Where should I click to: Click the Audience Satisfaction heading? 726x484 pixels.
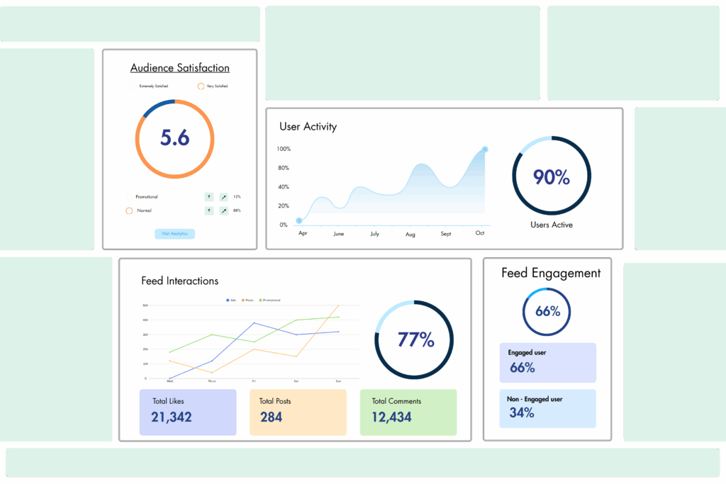click(x=179, y=68)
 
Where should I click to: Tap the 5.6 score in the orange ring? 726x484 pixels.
click(x=174, y=137)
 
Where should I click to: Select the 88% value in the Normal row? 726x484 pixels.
click(x=237, y=210)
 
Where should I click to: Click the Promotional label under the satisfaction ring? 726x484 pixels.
click(x=147, y=196)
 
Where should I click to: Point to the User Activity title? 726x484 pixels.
click(x=308, y=127)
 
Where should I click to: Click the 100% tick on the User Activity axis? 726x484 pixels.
click(x=284, y=149)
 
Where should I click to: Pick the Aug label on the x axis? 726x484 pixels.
click(x=410, y=234)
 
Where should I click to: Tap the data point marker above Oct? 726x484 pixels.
click(x=485, y=150)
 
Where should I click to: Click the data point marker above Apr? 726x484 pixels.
click(x=299, y=220)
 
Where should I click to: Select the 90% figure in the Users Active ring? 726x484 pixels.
click(x=551, y=177)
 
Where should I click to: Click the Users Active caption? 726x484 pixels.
click(x=551, y=225)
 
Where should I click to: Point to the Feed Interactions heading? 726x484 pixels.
click(x=179, y=281)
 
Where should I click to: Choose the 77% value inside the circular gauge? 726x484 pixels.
click(x=415, y=339)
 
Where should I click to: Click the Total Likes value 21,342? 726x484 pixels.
click(x=172, y=417)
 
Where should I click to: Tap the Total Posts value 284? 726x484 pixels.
click(x=271, y=417)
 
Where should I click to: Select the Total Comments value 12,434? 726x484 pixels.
click(x=391, y=417)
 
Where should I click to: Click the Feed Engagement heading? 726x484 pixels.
click(x=551, y=273)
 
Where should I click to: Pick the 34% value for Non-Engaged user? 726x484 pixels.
click(x=521, y=412)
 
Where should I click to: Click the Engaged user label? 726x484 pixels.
click(x=527, y=352)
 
